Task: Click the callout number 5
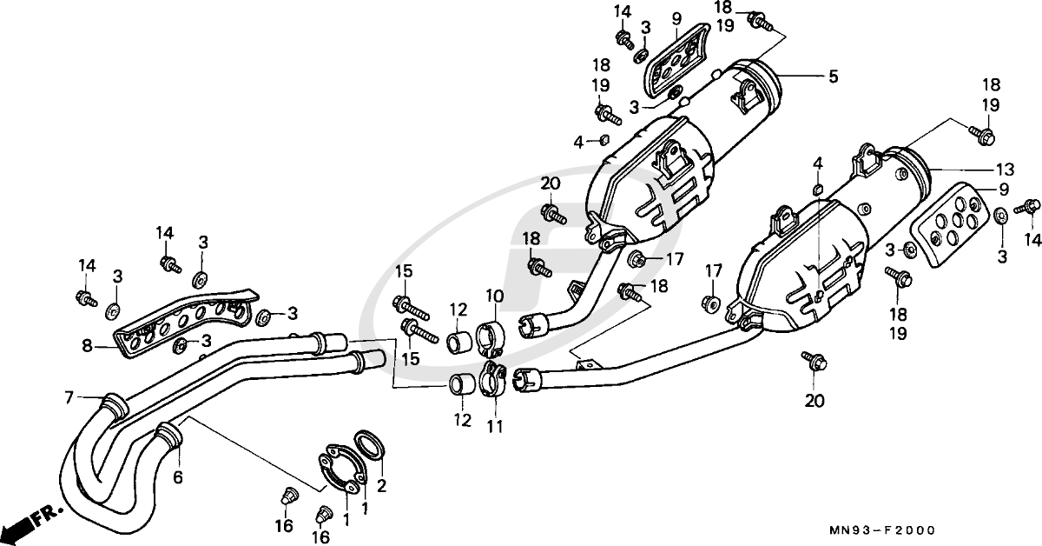(833, 77)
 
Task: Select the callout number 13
(1005, 170)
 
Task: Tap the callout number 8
(87, 346)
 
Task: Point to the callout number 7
(69, 397)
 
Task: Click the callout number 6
(178, 477)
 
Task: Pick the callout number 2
(381, 486)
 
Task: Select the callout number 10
(494, 296)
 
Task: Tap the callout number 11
(496, 426)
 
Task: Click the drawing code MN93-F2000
(882, 530)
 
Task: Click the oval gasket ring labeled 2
(370, 444)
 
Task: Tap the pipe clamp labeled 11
(491, 381)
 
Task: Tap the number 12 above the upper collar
(458, 310)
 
